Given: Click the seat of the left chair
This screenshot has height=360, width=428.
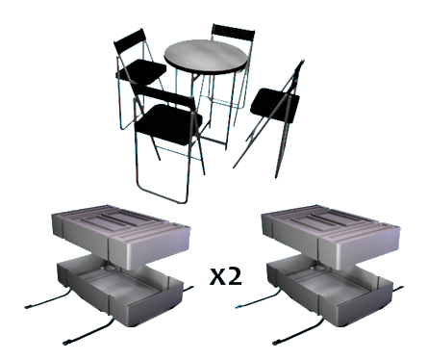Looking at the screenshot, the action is [140, 71].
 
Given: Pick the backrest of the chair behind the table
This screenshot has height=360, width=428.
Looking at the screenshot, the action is [233, 33].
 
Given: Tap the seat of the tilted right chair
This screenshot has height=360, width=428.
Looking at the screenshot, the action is [275, 105].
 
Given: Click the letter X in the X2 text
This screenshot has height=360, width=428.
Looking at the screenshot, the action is [217, 277].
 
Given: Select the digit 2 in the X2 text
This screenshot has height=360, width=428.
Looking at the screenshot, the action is [235, 276].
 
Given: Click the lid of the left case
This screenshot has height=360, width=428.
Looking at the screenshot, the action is [121, 234].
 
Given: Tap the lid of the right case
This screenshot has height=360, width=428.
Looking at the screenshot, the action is [331, 234].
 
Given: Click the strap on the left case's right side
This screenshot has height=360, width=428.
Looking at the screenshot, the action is [189, 290].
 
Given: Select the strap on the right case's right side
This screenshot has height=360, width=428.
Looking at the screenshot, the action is [398, 290].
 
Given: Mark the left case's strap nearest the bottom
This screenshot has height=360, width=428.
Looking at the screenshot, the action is [88, 331].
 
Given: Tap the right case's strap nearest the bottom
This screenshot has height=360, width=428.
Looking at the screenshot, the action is [297, 331].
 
